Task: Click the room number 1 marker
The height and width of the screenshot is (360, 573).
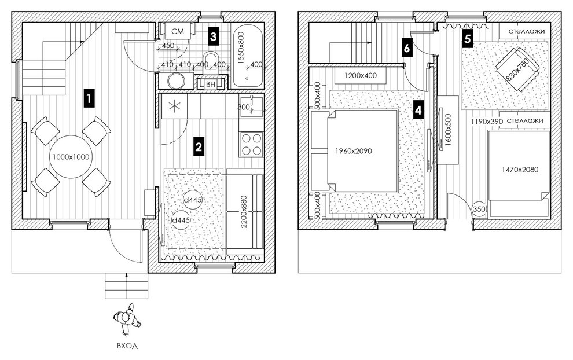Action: click(89, 98)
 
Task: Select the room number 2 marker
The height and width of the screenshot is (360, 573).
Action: click(199, 146)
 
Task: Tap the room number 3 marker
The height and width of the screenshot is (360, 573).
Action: click(213, 36)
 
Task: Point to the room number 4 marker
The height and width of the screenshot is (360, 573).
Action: click(418, 109)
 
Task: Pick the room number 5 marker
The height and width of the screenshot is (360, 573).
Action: click(468, 39)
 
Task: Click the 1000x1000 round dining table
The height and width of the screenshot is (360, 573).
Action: click(71, 157)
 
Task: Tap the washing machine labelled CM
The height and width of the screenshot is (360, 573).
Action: click(178, 31)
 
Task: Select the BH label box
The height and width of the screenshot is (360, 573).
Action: click(211, 85)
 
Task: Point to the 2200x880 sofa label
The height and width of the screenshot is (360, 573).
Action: click(244, 212)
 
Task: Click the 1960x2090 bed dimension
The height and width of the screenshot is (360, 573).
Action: click(354, 150)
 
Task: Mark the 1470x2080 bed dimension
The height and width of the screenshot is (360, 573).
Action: click(520, 170)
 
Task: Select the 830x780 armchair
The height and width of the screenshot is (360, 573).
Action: click(517, 69)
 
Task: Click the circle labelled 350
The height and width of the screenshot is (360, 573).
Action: click(479, 209)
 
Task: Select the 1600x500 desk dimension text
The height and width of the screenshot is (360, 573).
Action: click(449, 130)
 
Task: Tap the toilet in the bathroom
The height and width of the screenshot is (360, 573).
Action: click(211, 60)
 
